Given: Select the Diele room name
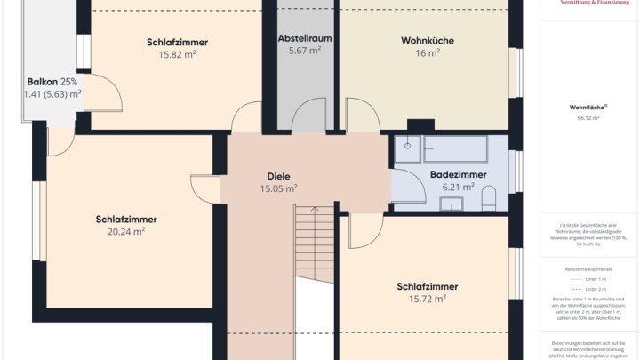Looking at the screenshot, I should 278,176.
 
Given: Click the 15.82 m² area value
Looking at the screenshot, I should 177,54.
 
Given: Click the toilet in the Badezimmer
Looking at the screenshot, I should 488,197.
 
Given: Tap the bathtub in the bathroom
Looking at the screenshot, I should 454,148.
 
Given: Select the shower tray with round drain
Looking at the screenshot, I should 408,149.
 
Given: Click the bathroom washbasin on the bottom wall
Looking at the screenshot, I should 452,205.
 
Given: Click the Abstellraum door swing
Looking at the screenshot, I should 309,116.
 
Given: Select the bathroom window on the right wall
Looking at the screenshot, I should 514,172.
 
